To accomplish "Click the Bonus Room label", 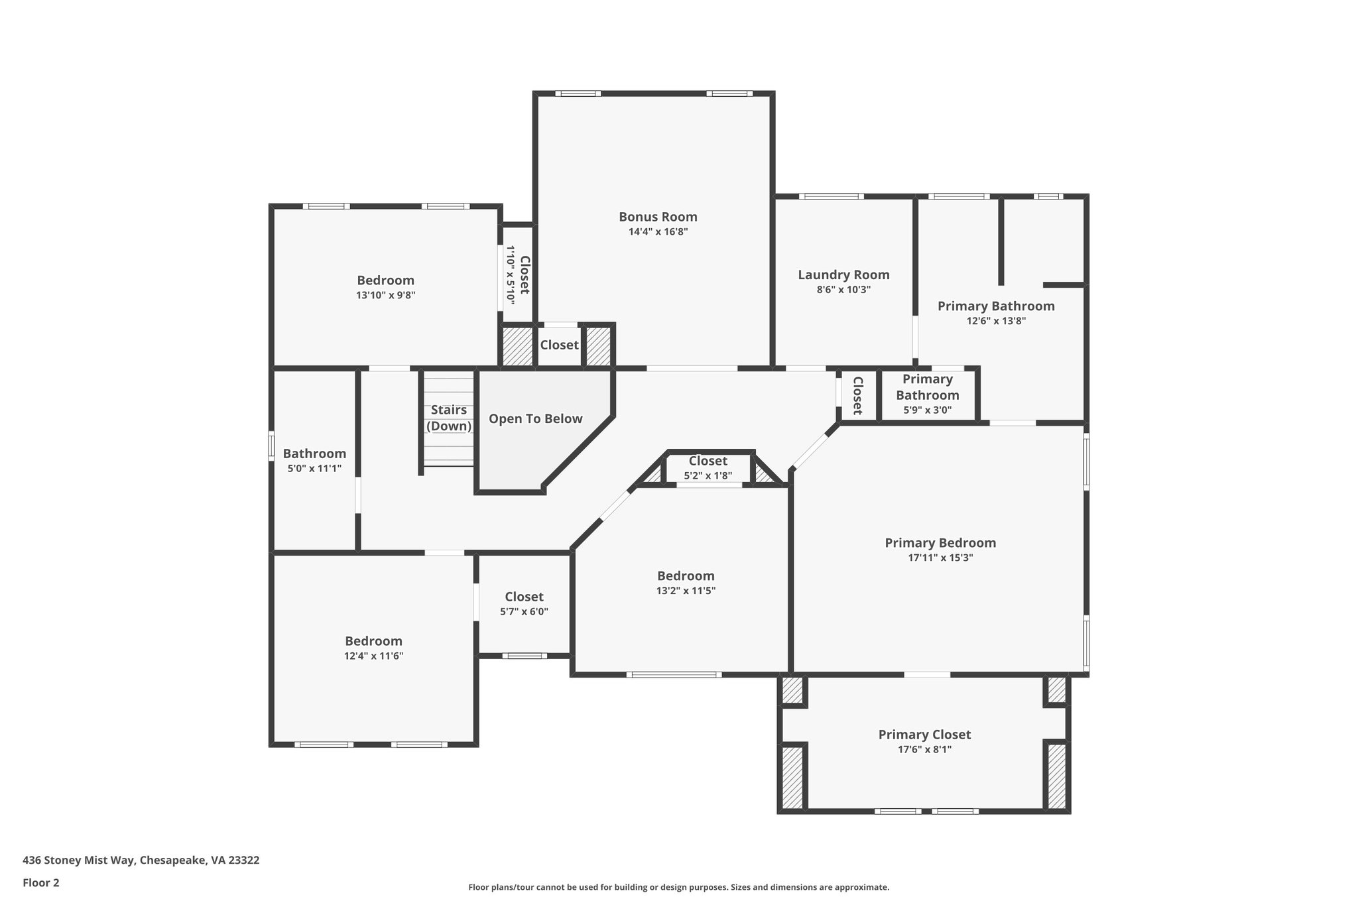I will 658,217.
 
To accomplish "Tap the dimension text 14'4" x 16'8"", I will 658,232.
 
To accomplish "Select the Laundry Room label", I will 843,275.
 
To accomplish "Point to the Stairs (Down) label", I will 449,418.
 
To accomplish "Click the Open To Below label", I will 536,419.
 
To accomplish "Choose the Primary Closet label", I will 924,735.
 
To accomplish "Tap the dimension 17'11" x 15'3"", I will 940,558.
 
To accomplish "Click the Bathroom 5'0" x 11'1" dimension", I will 314,469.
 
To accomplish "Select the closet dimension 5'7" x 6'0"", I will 524,612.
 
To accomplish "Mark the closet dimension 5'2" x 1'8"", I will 708,475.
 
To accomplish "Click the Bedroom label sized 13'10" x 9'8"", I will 385,280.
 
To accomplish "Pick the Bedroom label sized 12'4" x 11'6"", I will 373,641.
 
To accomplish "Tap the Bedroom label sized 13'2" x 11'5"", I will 686,576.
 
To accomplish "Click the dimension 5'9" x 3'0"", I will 927,410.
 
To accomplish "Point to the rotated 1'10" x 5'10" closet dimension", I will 511,274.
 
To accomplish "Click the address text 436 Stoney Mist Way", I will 141,861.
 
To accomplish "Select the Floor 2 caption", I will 41,882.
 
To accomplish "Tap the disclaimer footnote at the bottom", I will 678,887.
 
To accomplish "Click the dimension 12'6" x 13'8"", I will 996,321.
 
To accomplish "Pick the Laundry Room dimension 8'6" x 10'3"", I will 843,290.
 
